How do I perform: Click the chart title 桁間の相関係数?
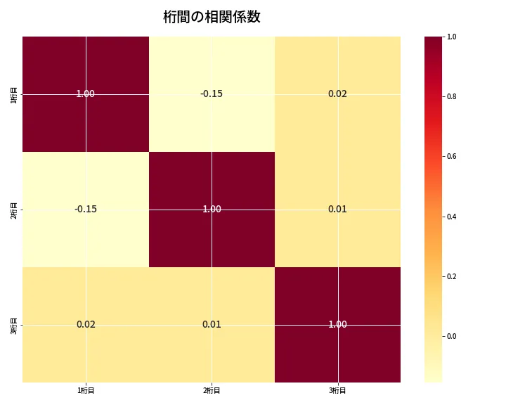click(212, 17)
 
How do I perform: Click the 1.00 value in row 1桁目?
click(86, 94)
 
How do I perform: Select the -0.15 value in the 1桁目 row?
click(212, 94)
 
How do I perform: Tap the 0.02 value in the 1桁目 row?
click(337, 94)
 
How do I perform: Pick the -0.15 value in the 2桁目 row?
click(86, 209)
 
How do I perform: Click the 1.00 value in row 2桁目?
click(212, 209)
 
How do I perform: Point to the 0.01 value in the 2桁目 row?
click(337, 209)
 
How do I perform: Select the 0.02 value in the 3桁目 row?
click(86, 324)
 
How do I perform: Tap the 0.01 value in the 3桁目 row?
click(212, 324)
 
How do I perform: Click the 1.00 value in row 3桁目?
click(337, 324)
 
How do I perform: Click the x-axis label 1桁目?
click(86, 390)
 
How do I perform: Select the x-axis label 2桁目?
click(212, 390)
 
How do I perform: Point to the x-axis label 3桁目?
click(337, 390)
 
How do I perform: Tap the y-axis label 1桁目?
click(14, 94)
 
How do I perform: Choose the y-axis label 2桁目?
click(14, 210)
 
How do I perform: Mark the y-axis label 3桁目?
click(14, 325)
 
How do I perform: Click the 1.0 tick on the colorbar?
click(452, 37)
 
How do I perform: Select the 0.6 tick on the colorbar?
click(452, 156)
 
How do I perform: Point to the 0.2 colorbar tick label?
click(452, 276)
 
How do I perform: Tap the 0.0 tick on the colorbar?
click(452, 336)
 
